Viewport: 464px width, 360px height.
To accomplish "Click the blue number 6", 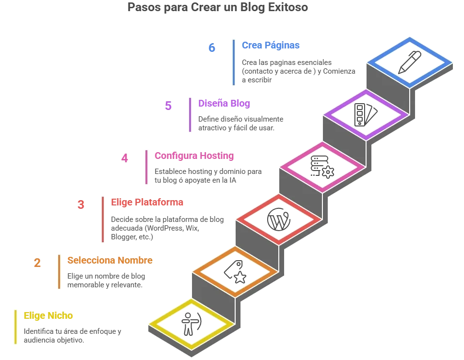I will (x=211, y=48).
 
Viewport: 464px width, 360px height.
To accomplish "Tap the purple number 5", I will (x=168, y=106).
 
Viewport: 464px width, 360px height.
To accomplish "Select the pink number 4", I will (x=125, y=158).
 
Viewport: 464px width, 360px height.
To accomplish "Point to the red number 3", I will (x=81, y=204).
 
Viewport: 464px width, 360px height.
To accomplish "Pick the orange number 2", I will (x=37, y=263).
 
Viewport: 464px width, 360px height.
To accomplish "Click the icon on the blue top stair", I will (x=410, y=63).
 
